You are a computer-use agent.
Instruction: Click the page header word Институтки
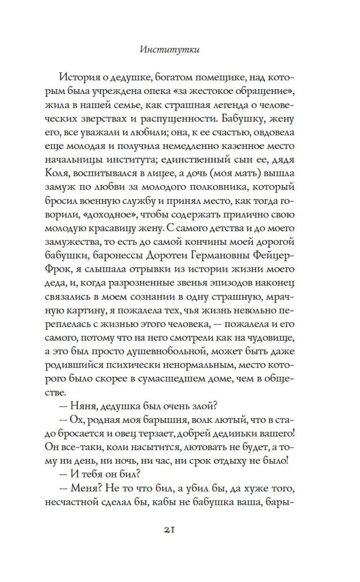pyautogui.click(x=169, y=50)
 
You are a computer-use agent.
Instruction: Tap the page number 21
pyautogui.click(x=169, y=529)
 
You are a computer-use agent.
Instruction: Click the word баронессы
pyautogui.click(x=116, y=256)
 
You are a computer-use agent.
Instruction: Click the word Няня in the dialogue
pyautogui.click(x=81, y=406)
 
